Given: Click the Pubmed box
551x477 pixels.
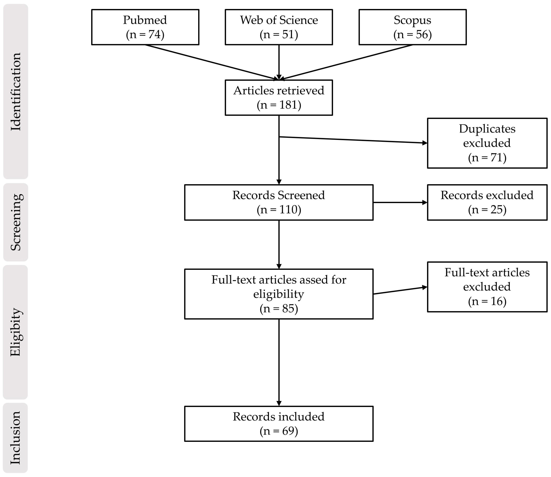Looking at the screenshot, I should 145,27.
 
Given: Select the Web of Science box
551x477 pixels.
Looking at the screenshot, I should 279,27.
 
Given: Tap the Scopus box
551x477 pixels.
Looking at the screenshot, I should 412,27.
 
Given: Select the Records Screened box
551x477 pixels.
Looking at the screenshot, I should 279,202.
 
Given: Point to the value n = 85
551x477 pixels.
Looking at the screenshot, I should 279,309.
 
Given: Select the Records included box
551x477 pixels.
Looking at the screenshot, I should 279,424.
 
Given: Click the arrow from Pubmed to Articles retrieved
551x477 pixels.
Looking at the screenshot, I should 211,62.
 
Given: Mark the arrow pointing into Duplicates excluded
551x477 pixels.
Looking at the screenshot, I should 354,140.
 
